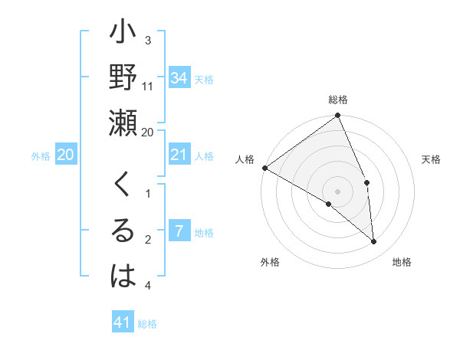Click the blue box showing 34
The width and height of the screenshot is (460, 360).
point(179,78)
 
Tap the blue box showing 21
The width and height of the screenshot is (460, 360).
point(179,155)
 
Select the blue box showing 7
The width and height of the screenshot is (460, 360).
point(179,232)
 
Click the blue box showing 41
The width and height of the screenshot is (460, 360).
point(123,322)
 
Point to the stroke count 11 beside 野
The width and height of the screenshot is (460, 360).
point(148,86)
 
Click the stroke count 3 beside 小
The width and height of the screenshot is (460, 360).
point(148,40)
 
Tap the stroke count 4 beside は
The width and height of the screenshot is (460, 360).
point(148,286)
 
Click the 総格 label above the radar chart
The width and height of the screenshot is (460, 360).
point(338,100)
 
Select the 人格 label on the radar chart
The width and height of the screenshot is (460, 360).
point(244,159)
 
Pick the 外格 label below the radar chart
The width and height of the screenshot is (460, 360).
point(269,263)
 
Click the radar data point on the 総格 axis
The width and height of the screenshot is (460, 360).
point(338,116)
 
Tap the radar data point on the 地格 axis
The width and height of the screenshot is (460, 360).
point(374,242)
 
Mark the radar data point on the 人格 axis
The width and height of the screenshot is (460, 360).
point(264,168)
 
